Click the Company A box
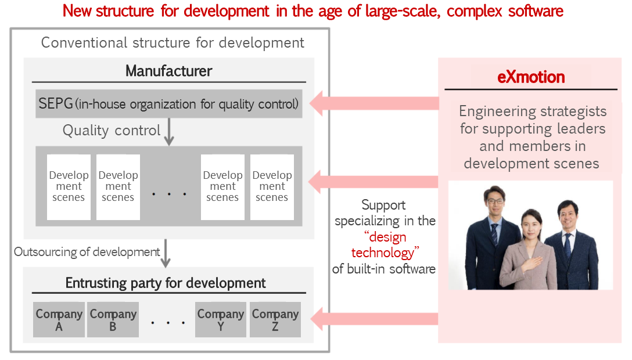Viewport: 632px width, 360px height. click(59, 319)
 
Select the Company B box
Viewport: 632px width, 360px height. click(113, 319)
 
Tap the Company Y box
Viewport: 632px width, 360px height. click(221, 319)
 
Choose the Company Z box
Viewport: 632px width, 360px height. click(275, 319)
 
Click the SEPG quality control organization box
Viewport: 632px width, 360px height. click(169, 103)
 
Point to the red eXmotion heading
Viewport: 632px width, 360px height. click(531, 77)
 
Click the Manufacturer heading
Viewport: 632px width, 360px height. click(169, 71)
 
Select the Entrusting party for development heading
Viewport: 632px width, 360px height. click(165, 283)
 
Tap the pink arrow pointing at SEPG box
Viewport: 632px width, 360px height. click(374, 103)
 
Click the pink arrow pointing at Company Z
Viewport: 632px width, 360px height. click(374, 319)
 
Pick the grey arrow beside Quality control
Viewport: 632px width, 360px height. click(169, 132)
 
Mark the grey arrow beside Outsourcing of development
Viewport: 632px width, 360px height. click(166, 253)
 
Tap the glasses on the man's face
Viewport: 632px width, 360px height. click(495, 201)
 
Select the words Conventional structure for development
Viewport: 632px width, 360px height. click(173, 43)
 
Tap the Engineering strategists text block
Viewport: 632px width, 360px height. click(532, 137)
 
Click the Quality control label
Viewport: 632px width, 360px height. click(112, 131)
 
